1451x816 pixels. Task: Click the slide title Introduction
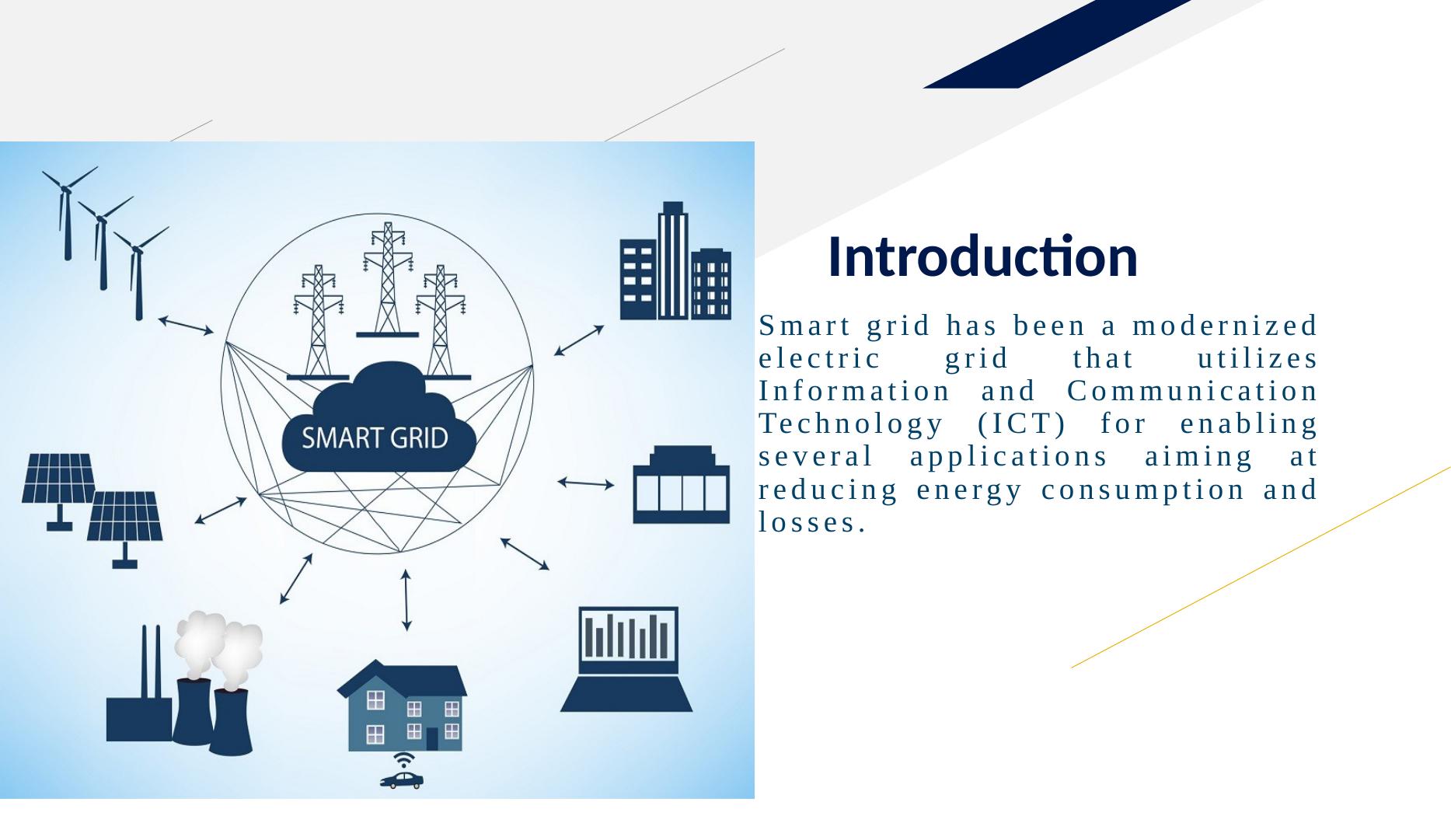click(x=982, y=256)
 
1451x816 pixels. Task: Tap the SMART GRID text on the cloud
click(x=375, y=438)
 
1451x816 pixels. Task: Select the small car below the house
click(x=402, y=779)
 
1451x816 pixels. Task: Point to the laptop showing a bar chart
click(x=626, y=659)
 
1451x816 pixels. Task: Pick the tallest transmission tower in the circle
click(x=387, y=280)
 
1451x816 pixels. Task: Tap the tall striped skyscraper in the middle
click(x=673, y=260)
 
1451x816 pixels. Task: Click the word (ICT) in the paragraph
click(x=1021, y=424)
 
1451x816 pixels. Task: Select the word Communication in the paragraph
click(x=1193, y=391)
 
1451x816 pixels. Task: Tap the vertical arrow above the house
click(x=406, y=600)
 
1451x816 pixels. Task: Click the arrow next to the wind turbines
click(x=186, y=325)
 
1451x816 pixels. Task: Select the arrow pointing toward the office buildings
click(x=579, y=340)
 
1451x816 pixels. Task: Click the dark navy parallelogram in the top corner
click(x=1057, y=44)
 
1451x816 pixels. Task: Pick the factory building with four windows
click(x=682, y=484)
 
